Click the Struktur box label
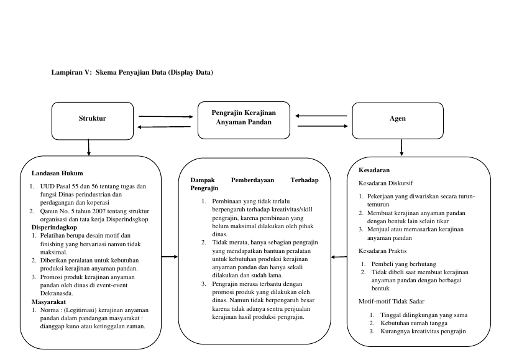[x=92, y=118]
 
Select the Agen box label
[x=398, y=118]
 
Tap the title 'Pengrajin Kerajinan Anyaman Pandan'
[x=244, y=118]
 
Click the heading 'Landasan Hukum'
[x=57, y=173]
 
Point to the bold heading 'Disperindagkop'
[x=54, y=227]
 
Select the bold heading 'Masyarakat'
[x=48, y=302]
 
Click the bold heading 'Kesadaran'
[x=374, y=170]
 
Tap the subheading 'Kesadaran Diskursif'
[x=386, y=183]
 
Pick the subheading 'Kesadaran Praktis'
[x=382, y=251]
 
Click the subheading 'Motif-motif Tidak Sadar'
[x=392, y=302]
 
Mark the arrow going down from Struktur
[x=89, y=148]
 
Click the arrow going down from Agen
[x=401, y=148]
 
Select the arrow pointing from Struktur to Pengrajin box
[x=166, y=116]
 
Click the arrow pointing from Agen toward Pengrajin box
[x=321, y=116]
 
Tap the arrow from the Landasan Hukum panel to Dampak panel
[x=170, y=257]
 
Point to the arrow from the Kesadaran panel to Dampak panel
[x=339, y=257]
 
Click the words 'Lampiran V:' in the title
[x=71, y=72]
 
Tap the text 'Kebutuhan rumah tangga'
[x=414, y=323]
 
